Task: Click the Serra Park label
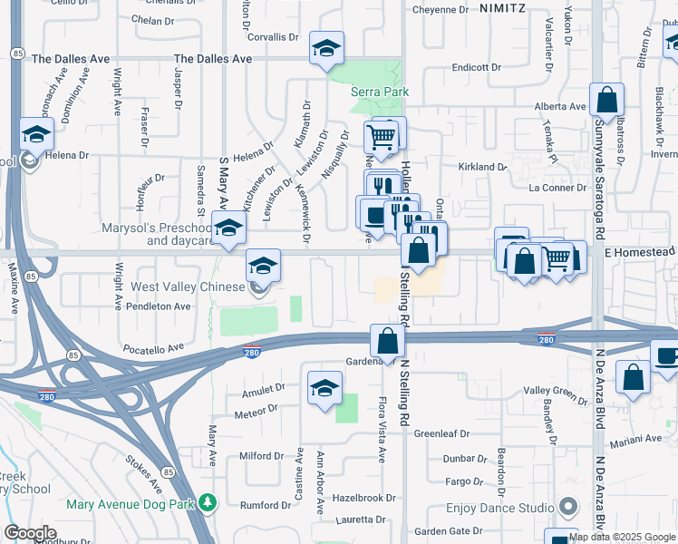(x=381, y=92)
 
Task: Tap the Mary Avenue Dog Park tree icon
(x=208, y=501)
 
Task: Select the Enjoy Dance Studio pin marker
(x=568, y=506)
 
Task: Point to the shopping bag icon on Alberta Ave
(x=606, y=99)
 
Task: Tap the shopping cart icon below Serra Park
(x=381, y=137)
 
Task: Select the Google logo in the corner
(x=30, y=533)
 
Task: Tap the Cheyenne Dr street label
(x=441, y=10)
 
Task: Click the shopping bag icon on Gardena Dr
(x=387, y=343)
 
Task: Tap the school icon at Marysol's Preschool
(x=228, y=228)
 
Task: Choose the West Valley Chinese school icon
(x=262, y=266)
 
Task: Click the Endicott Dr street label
(x=477, y=67)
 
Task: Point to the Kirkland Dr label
(x=482, y=167)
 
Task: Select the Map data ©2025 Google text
(x=621, y=537)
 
